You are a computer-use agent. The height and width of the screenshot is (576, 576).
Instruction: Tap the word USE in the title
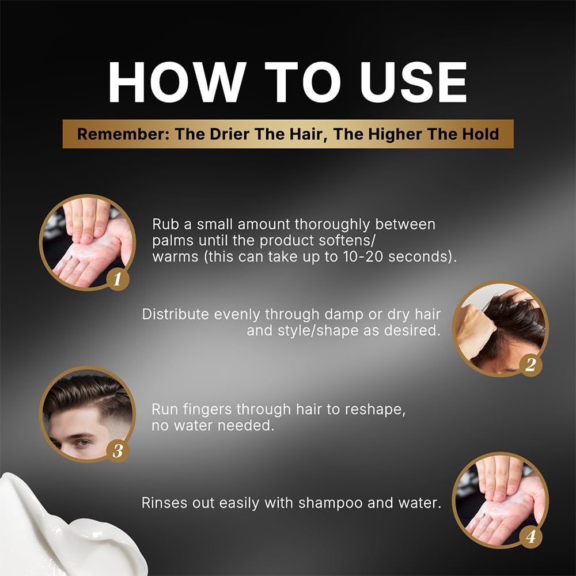(x=414, y=82)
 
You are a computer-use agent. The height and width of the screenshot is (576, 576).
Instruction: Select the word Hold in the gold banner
(x=480, y=134)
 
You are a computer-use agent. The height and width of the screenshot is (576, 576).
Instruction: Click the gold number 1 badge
(x=118, y=279)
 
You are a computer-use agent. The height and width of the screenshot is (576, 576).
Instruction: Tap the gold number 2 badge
(x=530, y=365)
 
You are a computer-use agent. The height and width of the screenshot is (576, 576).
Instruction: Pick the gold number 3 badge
(x=118, y=451)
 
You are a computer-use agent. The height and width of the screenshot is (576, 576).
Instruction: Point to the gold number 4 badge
(x=530, y=537)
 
